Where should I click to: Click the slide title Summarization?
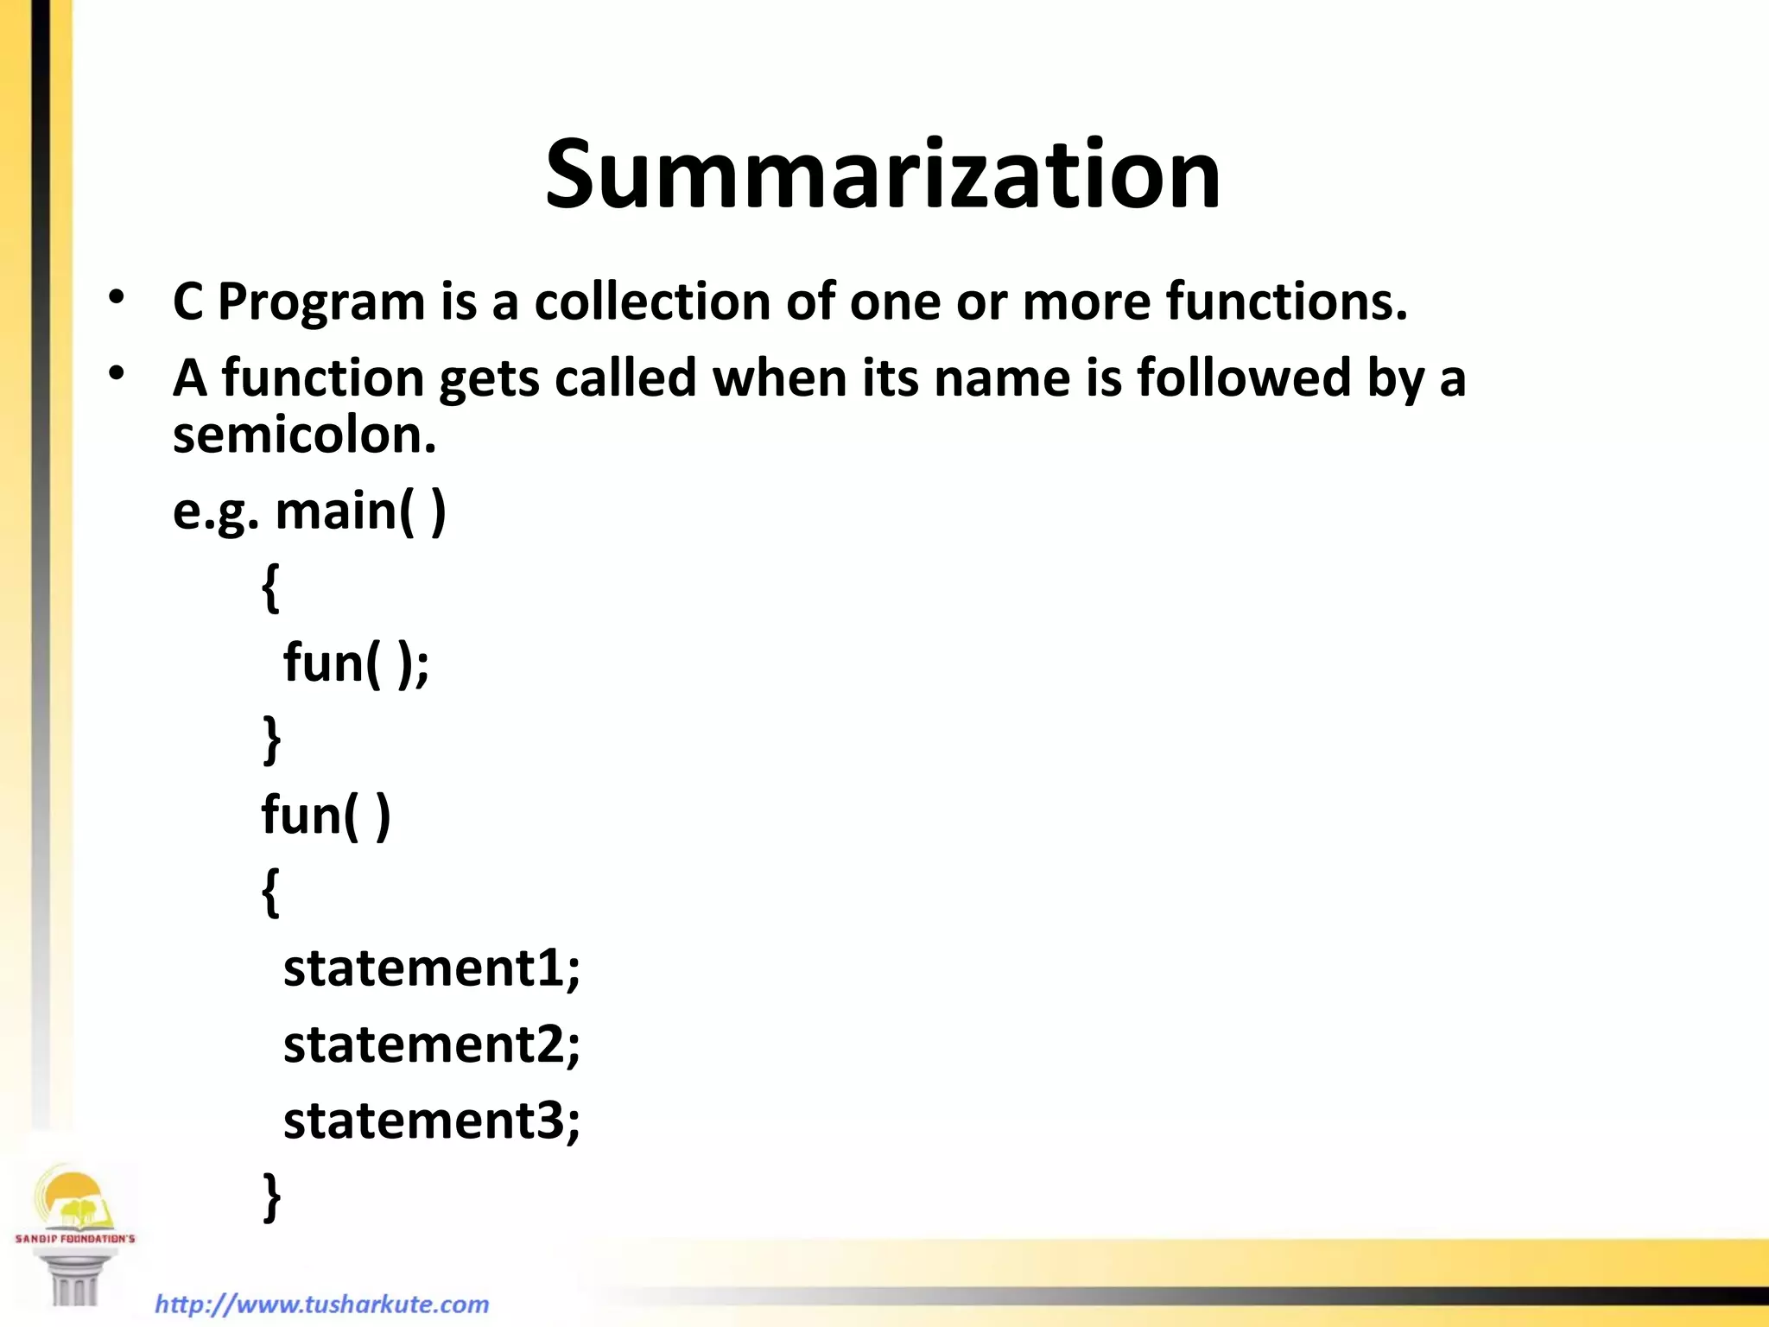(883, 175)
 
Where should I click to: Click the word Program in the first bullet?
(321, 302)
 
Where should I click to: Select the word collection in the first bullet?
(652, 302)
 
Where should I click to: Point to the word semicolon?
(304, 435)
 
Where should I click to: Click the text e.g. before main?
(215, 512)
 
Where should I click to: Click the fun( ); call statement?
(356, 663)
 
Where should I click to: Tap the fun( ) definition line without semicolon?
(326, 816)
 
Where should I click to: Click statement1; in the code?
(432, 968)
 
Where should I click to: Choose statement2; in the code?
(432, 1044)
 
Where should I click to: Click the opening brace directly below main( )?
(271, 588)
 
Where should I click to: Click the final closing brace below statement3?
(271, 1197)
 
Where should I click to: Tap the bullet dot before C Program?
(117, 298)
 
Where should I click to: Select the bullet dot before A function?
(117, 373)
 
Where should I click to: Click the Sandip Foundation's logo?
(75, 1231)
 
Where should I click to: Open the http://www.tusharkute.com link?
(322, 1304)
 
